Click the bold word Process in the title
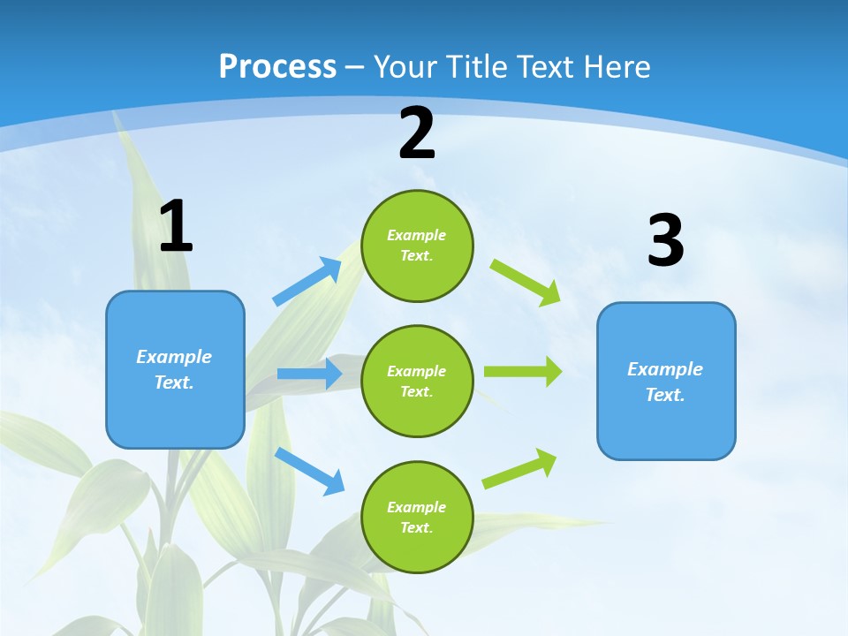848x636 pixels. tap(277, 67)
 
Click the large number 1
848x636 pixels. tap(176, 227)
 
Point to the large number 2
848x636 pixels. tap(417, 134)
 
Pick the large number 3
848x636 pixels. tap(665, 241)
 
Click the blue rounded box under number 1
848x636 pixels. tap(175, 369)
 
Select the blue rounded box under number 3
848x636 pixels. tap(666, 381)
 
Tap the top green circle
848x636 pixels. tap(417, 246)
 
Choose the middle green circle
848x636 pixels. tap(417, 381)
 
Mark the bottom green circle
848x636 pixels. tap(417, 517)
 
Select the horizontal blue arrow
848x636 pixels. tap(309, 374)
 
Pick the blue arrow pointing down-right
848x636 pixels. tap(309, 470)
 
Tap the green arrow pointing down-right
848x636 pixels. tap(526, 282)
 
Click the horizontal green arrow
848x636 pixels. tap(523, 371)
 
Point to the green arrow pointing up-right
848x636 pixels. tap(520, 468)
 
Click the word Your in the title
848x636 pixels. tap(402, 67)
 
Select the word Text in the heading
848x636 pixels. tap(547, 67)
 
